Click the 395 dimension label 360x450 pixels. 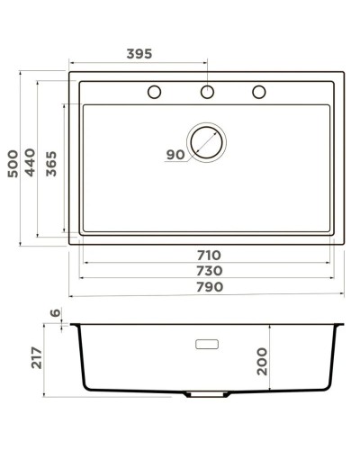tap(139, 54)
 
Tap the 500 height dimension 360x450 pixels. tap(13, 164)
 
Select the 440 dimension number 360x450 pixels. tap(30, 162)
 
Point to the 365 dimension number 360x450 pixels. tap(51, 164)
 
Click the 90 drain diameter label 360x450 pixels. tap(175, 155)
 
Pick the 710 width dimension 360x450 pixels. tap(209, 256)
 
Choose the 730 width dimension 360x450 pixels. tap(210, 271)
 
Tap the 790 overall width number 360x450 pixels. tap(210, 287)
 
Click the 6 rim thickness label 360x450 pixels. tap(55, 313)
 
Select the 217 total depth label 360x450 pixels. tap(37, 357)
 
